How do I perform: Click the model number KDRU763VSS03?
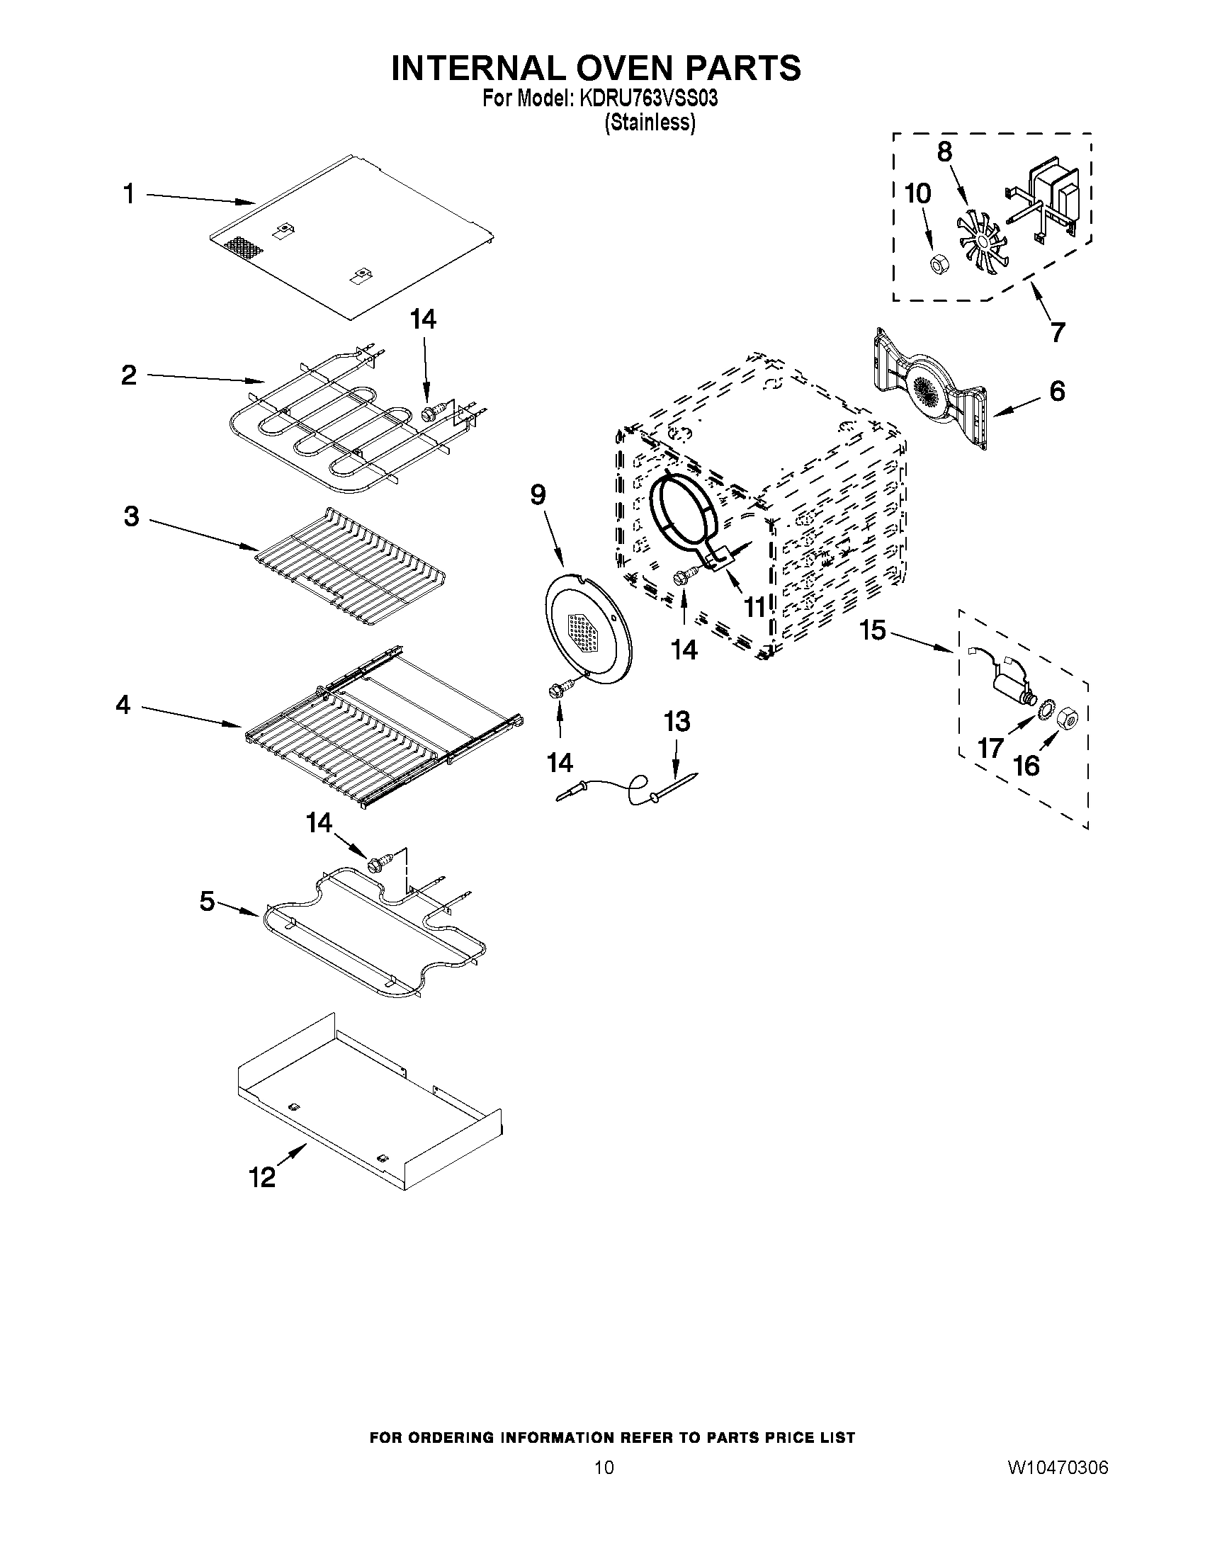click(647, 98)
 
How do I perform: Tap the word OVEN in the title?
click(596, 68)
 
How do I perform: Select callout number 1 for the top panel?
click(128, 193)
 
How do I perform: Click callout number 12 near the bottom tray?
click(262, 1177)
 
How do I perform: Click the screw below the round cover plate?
click(559, 691)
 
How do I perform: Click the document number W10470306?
click(1057, 1468)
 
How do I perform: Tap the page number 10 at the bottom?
click(604, 1468)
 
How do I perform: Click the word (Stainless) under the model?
click(650, 123)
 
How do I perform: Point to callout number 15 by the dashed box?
click(872, 630)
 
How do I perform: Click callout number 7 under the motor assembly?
click(1057, 331)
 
